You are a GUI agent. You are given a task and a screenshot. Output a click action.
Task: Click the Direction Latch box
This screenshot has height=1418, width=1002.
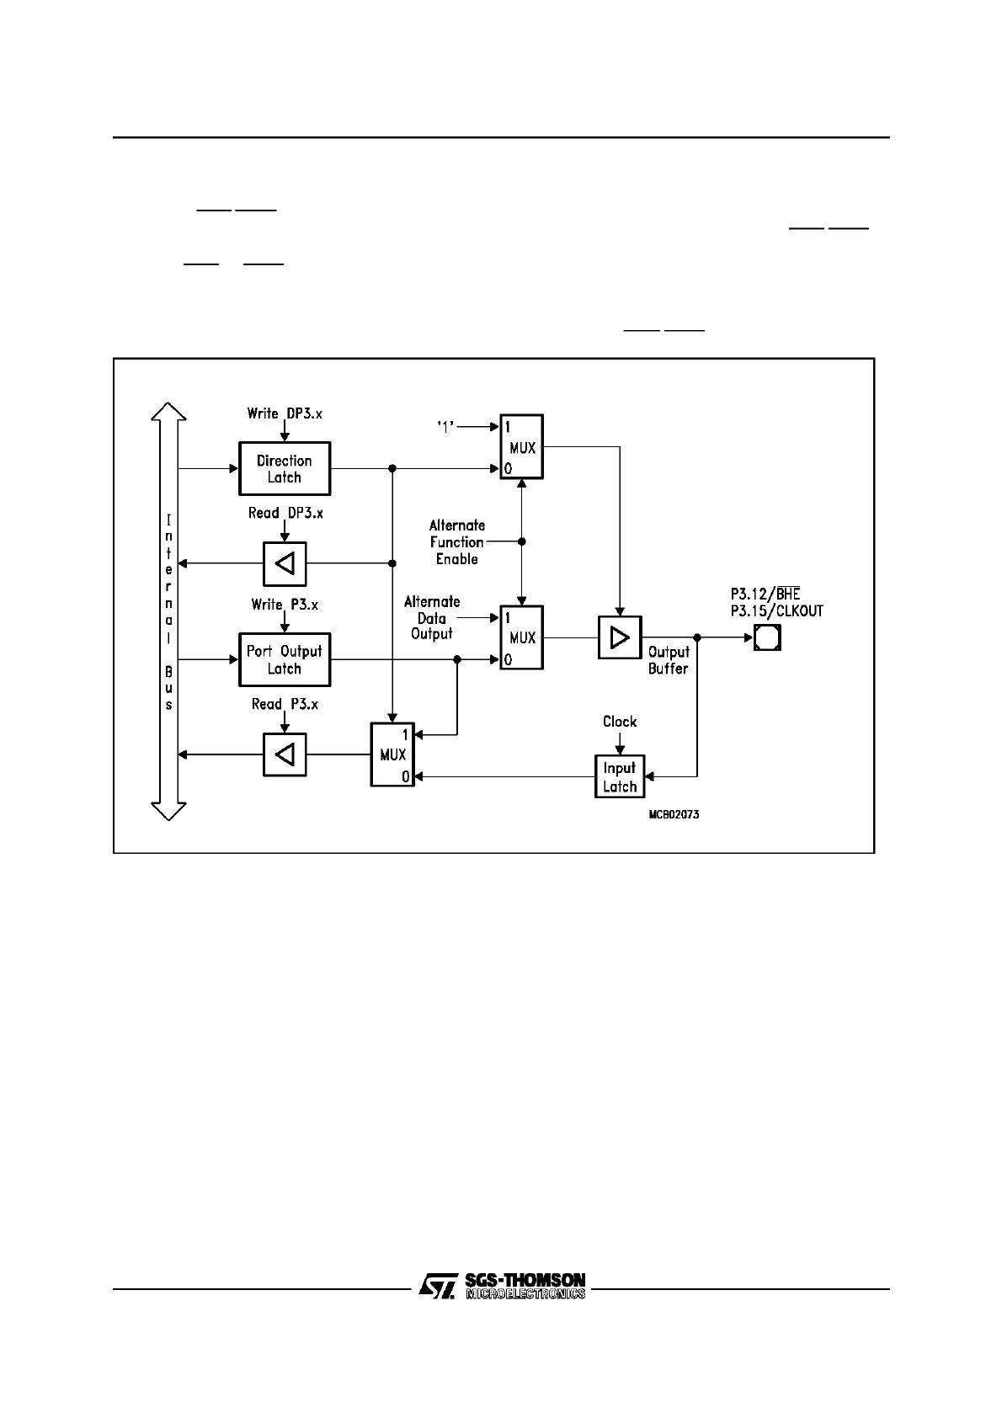(x=285, y=469)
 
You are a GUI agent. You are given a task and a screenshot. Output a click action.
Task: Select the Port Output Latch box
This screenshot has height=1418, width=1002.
(x=285, y=660)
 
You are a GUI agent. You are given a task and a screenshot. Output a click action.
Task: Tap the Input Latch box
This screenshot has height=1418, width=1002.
(x=620, y=777)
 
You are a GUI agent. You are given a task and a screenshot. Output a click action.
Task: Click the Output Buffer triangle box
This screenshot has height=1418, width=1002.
(x=620, y=637)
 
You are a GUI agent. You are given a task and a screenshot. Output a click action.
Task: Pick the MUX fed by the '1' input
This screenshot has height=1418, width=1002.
(x=521, y=447)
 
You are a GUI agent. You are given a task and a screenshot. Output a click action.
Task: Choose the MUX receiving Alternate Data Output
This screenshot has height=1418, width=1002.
(x=521, y=637)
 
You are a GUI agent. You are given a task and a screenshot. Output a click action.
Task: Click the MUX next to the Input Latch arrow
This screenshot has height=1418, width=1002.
(x=392, y=754)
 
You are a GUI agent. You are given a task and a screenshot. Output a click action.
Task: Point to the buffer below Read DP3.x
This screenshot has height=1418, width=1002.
(x=285, y=563)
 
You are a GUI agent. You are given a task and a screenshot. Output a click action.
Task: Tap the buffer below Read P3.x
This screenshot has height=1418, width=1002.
(x=285, y=754)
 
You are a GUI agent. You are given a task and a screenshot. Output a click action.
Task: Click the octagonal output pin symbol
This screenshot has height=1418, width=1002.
(x=767, y=637)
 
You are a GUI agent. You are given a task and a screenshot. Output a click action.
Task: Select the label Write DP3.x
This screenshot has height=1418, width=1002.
(x=285, y=413)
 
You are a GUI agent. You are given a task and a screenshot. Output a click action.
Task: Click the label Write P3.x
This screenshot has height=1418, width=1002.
(x=285, y=605)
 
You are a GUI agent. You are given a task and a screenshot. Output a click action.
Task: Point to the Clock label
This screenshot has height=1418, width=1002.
(x=620, y=722)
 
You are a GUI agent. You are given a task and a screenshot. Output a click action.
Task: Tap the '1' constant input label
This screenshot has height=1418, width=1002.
(x=445, y=426)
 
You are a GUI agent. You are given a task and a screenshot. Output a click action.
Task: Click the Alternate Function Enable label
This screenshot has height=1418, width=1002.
(x=457, y=542)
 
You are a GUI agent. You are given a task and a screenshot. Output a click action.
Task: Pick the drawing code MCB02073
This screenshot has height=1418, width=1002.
(x=674, y=815)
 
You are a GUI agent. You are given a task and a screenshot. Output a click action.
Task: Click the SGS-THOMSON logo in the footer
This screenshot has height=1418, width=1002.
(x=503, y=1285)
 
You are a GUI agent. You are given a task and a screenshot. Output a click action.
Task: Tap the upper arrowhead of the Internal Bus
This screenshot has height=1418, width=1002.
(x=169, y=413)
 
